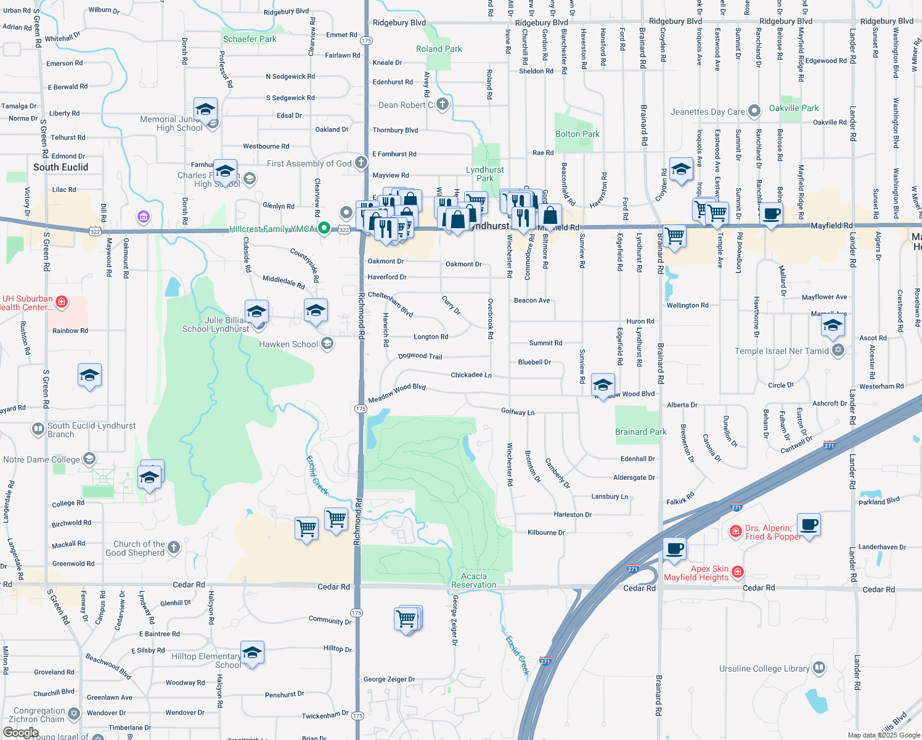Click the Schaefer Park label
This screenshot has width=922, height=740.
pos(250,39)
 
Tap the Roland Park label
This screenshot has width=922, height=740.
pos(439,49)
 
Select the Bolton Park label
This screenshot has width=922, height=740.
pos(577,134)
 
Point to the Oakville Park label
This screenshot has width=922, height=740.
pos(794,108)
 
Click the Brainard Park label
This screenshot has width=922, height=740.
pos(640,432)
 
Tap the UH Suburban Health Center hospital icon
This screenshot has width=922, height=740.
pos(61,302)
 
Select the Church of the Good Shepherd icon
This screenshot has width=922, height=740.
pos(174,547)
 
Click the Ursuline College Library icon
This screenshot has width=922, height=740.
pos(819,668)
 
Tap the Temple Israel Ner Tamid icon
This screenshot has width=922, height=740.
pos(838,350)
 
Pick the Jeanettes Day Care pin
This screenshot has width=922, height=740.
pos(754,112)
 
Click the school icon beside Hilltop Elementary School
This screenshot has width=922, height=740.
pos(252,653)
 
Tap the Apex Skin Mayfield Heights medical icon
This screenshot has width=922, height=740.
pos(738,572)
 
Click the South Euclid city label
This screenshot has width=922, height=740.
pos(60,167)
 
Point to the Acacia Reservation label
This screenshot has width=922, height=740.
pos(473,580)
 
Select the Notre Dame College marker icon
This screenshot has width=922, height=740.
pos(90,459)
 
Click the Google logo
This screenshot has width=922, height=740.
pos(20,732)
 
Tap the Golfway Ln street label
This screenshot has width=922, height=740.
pos(518,411)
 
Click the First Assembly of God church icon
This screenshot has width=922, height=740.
pos(361,163)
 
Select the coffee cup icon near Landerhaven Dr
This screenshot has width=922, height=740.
pos(809,525)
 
